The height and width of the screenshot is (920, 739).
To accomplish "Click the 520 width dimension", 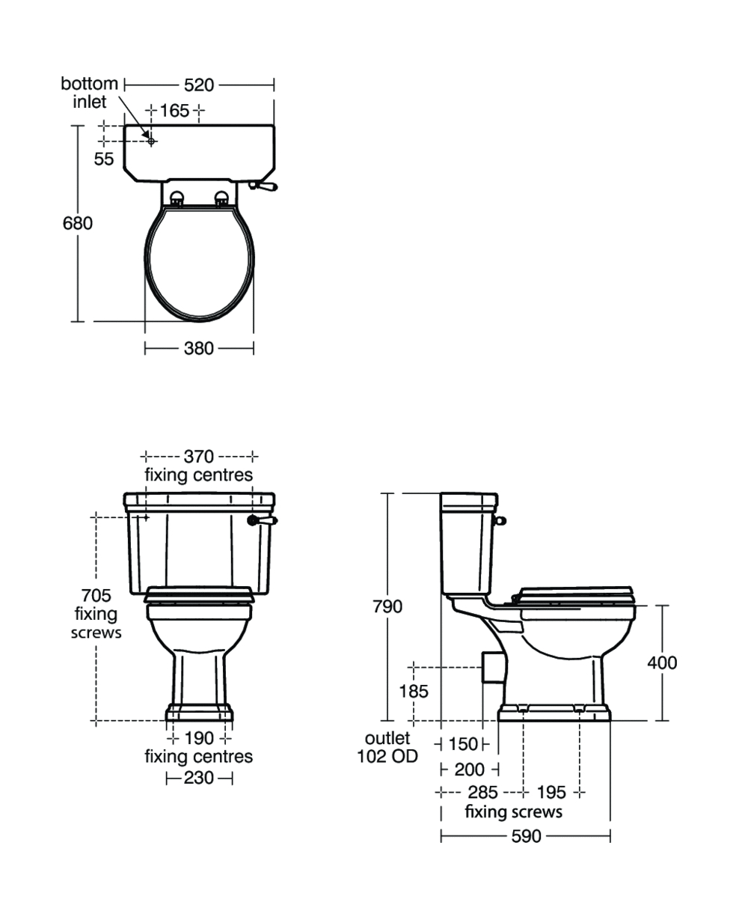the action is point(199,85).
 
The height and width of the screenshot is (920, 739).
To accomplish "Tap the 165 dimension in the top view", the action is point(175,111).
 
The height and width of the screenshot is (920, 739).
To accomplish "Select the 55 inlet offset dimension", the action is point(104,159).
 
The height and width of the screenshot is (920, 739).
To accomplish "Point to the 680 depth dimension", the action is point(77,223).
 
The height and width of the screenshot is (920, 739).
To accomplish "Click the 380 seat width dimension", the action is point(199,348).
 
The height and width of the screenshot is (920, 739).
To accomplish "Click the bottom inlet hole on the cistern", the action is point(151,141).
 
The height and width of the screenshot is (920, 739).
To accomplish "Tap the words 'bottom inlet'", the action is point(89,92).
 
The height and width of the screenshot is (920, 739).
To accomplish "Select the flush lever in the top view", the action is point(263,186).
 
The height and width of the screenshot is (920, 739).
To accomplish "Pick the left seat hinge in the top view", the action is point(177,198).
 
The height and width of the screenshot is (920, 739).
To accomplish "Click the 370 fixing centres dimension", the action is point(199,457).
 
